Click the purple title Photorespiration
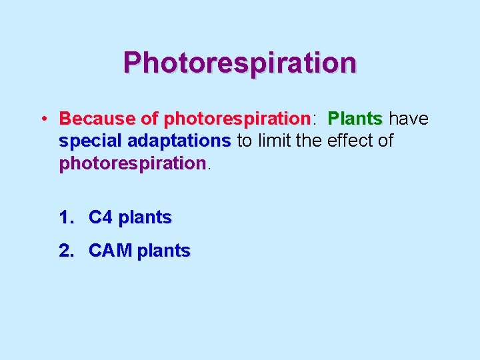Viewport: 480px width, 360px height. pyautogui.click(x=239, y=63)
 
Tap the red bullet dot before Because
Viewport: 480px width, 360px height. pyautogui.click(x=42, y=119)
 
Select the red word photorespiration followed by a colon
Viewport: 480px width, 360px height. pyautogui.click(x=237, y=119)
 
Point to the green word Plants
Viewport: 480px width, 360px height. pyautogui.click(x=355, y=119)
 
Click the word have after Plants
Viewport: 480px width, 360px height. pyautogui.click(x=408, y=119)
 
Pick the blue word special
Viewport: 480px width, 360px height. pyautogui.click(x=90, y=141)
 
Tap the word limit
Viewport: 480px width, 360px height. pyautogui.click(x=275, y=141)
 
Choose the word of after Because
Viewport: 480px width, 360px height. pyautogui.click(x=149, y=119)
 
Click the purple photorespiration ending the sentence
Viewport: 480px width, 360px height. pyautogui.click(x=132, y=163)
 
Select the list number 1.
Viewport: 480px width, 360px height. pyautogui.click(x=66, y=217)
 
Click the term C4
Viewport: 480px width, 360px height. pyautogui.click(x=101, y=217)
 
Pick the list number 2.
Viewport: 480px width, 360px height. pyautogui.click(x=66, y=251)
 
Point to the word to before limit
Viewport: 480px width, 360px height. pyautogui.click(x=245, y=141)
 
